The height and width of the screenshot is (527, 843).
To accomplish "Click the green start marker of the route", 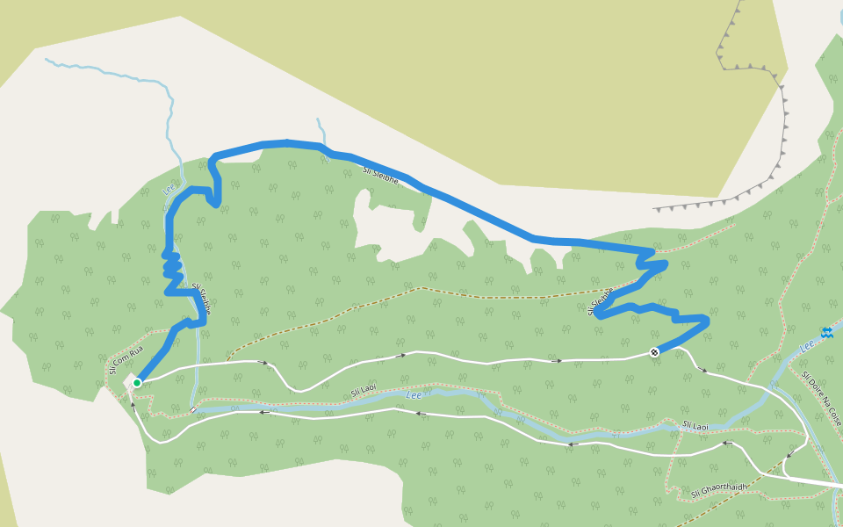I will tap(137, 383).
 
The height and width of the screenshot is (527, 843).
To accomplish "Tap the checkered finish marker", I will tap(654, 352).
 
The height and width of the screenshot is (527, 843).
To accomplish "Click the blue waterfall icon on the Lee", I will tap(826, 332).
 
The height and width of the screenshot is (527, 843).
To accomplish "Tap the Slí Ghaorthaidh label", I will tap(719, 488).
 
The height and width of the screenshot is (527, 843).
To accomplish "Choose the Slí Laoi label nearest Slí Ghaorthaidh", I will tap(695, 425).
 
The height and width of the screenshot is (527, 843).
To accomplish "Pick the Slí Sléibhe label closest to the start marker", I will tap(201, 300).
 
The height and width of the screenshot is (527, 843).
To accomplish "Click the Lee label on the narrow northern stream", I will tap(169, 187).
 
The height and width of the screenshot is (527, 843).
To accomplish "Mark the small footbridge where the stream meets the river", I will tap(192, 408).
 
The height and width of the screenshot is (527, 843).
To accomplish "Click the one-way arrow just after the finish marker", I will tap(702, 370).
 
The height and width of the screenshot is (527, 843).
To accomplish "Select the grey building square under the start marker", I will tap(132, 381).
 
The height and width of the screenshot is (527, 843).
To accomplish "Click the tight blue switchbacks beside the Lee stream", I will tap(172, 263).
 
